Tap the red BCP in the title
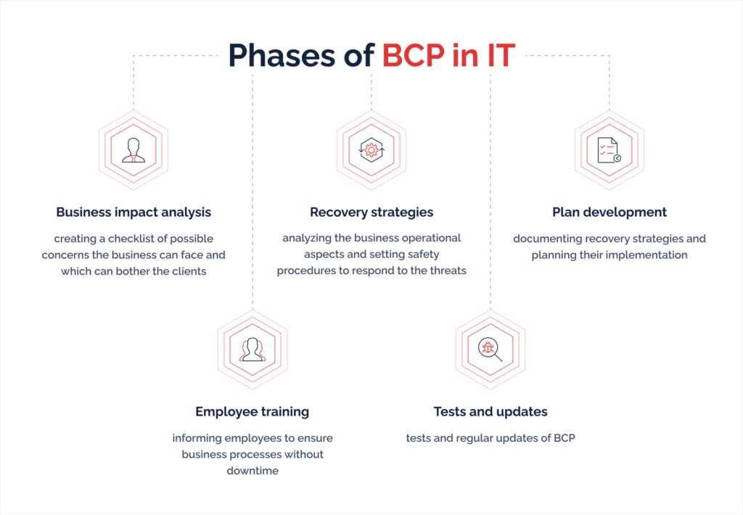[x=414, y=55]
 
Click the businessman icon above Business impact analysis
[x=134, y=150]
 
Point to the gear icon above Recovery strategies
[x=371, y=150]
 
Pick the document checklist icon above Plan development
[x=609, y=150]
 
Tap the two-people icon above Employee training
[x=253, y=350]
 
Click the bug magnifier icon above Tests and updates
[x=490, y=350]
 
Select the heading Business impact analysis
[x=134, y=213]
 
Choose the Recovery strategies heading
[x=371, y=213]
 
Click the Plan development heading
[x=609, y=213]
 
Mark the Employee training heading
[x=252, y=412]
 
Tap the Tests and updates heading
[x=490, y=412]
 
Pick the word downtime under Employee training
[x=253, y=471]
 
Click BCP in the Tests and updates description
[x=565, y=438]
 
